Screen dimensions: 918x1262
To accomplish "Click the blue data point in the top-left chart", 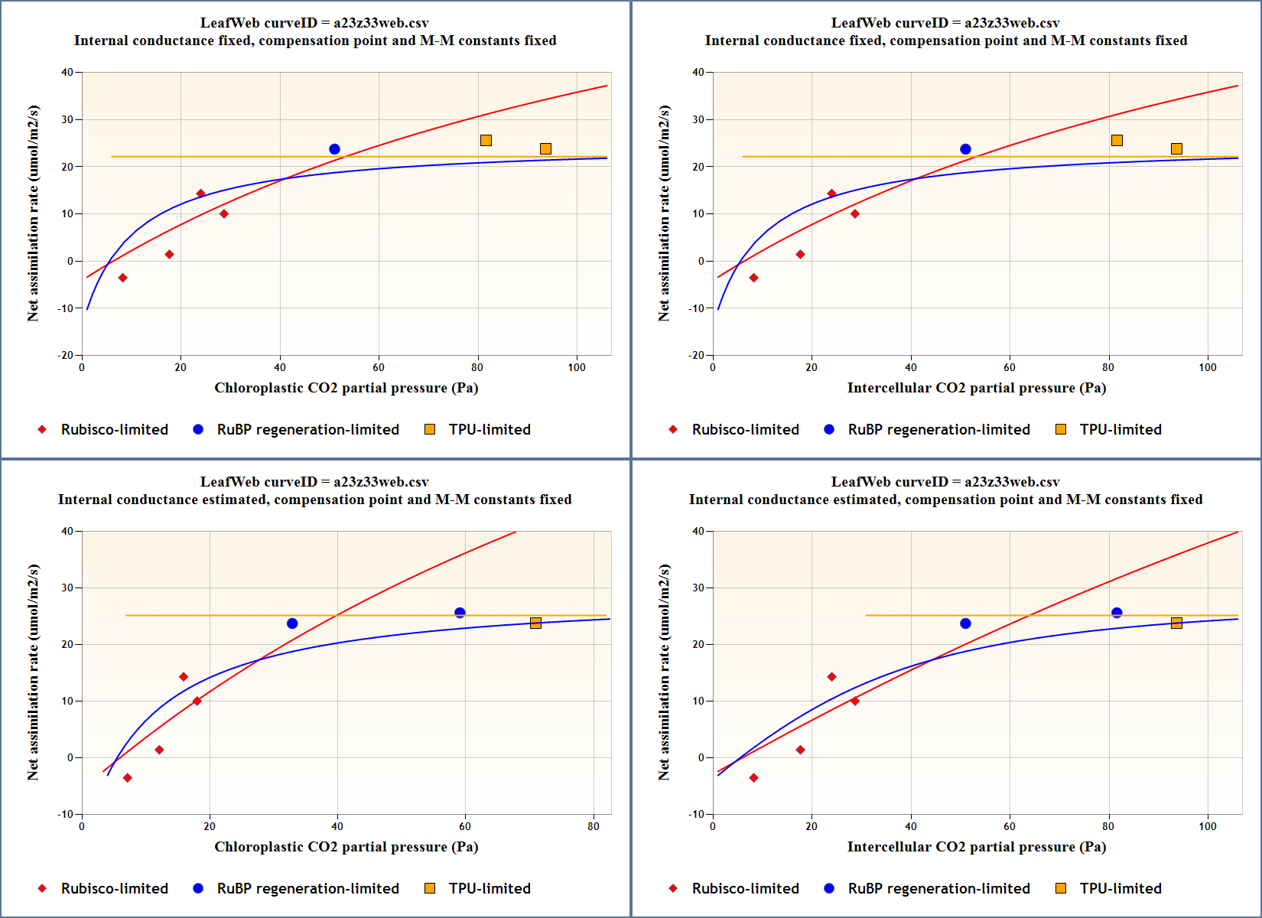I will click(334, 149).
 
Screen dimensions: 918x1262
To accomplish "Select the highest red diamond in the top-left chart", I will click(200, 194).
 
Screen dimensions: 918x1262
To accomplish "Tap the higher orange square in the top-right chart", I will click(1117, 140).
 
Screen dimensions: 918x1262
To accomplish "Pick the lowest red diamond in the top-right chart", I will click(753, 278).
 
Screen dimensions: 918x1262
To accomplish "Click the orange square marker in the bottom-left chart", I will click(535, 623).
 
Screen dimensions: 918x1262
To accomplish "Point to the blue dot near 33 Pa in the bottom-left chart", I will click(292, 623).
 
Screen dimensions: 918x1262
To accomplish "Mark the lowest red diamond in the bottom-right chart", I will click(753, 778).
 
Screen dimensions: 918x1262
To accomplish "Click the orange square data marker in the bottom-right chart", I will click(1176, 623).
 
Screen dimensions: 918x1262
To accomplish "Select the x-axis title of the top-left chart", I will click(346, 388).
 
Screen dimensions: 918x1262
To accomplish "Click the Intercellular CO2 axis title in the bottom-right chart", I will click(976, 847).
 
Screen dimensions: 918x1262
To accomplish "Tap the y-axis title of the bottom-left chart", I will click(33, 672).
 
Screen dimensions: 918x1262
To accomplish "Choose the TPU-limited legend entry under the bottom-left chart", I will click(489, 888).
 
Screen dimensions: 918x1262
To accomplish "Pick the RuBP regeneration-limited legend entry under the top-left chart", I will click(307, 429).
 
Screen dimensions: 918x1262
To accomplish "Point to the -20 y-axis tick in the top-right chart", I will click(696, 355).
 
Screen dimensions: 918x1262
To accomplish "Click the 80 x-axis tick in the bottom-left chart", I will click(594, 826).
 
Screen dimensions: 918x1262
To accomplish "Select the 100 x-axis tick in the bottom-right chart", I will click(1208, 826).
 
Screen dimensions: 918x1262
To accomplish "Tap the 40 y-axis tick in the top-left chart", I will click(67, 73).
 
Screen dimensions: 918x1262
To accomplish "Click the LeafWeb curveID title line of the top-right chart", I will click(945, 23).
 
